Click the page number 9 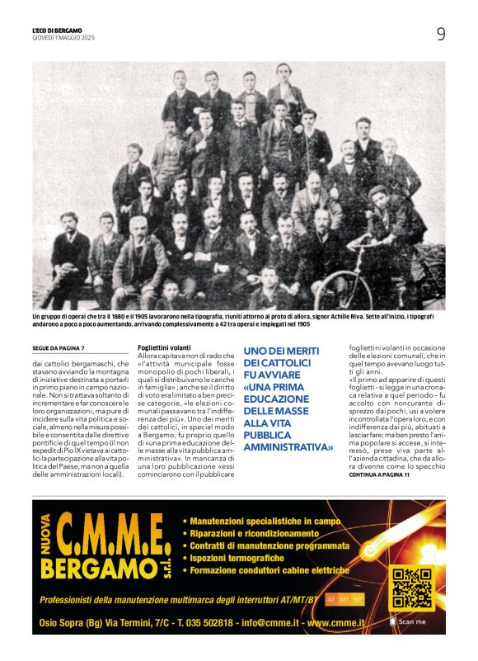coord(441,34)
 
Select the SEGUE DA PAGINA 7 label coord(59,348)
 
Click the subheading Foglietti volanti coord(164,348)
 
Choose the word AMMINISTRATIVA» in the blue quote coord(289,446)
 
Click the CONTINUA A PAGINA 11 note coord(379,475)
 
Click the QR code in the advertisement coord(411,588)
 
